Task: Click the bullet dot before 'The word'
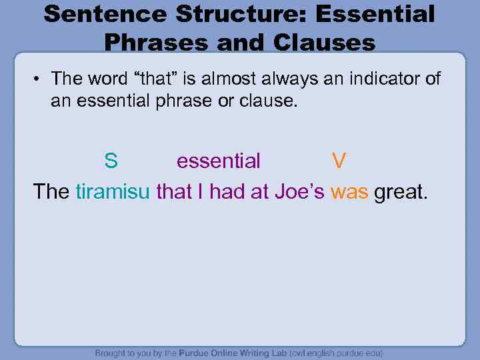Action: (40, 79)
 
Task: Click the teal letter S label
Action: (111, 161)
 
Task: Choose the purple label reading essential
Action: (219, 161)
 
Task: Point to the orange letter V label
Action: (339, 161)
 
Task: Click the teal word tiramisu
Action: (113, 192)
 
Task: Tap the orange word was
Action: (349, 192)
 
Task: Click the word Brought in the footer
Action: (113, 353)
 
